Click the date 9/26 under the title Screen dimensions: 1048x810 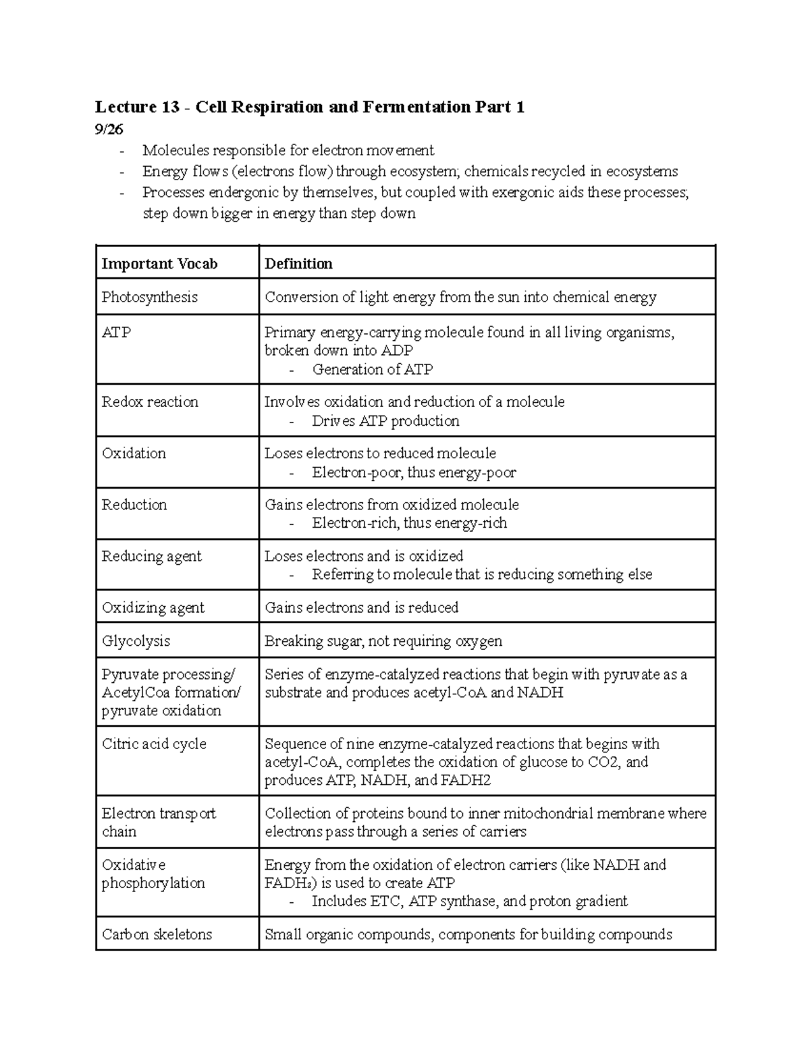[109, 130]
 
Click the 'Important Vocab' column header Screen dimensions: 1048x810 [159, 264]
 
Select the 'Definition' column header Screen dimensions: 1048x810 [298, 264]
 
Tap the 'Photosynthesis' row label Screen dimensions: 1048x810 [149, 297]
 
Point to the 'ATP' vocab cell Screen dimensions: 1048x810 [116, 333]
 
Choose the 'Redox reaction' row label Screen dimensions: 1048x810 [150, 402]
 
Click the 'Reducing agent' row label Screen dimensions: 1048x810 [151, 557]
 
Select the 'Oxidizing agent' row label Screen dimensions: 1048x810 [153, 608]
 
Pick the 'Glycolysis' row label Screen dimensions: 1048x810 [136, 641]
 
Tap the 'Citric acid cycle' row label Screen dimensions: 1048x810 [154, 744]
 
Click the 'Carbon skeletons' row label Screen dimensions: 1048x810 [157, 935]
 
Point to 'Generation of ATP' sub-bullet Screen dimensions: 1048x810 [372, 370]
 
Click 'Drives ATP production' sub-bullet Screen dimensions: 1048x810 [385, 421]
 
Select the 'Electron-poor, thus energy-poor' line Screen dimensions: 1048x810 [413, 473]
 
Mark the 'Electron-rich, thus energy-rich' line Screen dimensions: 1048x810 [409, 524]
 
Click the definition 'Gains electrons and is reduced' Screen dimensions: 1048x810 [361, 608]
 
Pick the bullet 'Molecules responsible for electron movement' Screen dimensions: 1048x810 [288, 150]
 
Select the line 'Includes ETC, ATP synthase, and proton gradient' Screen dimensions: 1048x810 [469, 902]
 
